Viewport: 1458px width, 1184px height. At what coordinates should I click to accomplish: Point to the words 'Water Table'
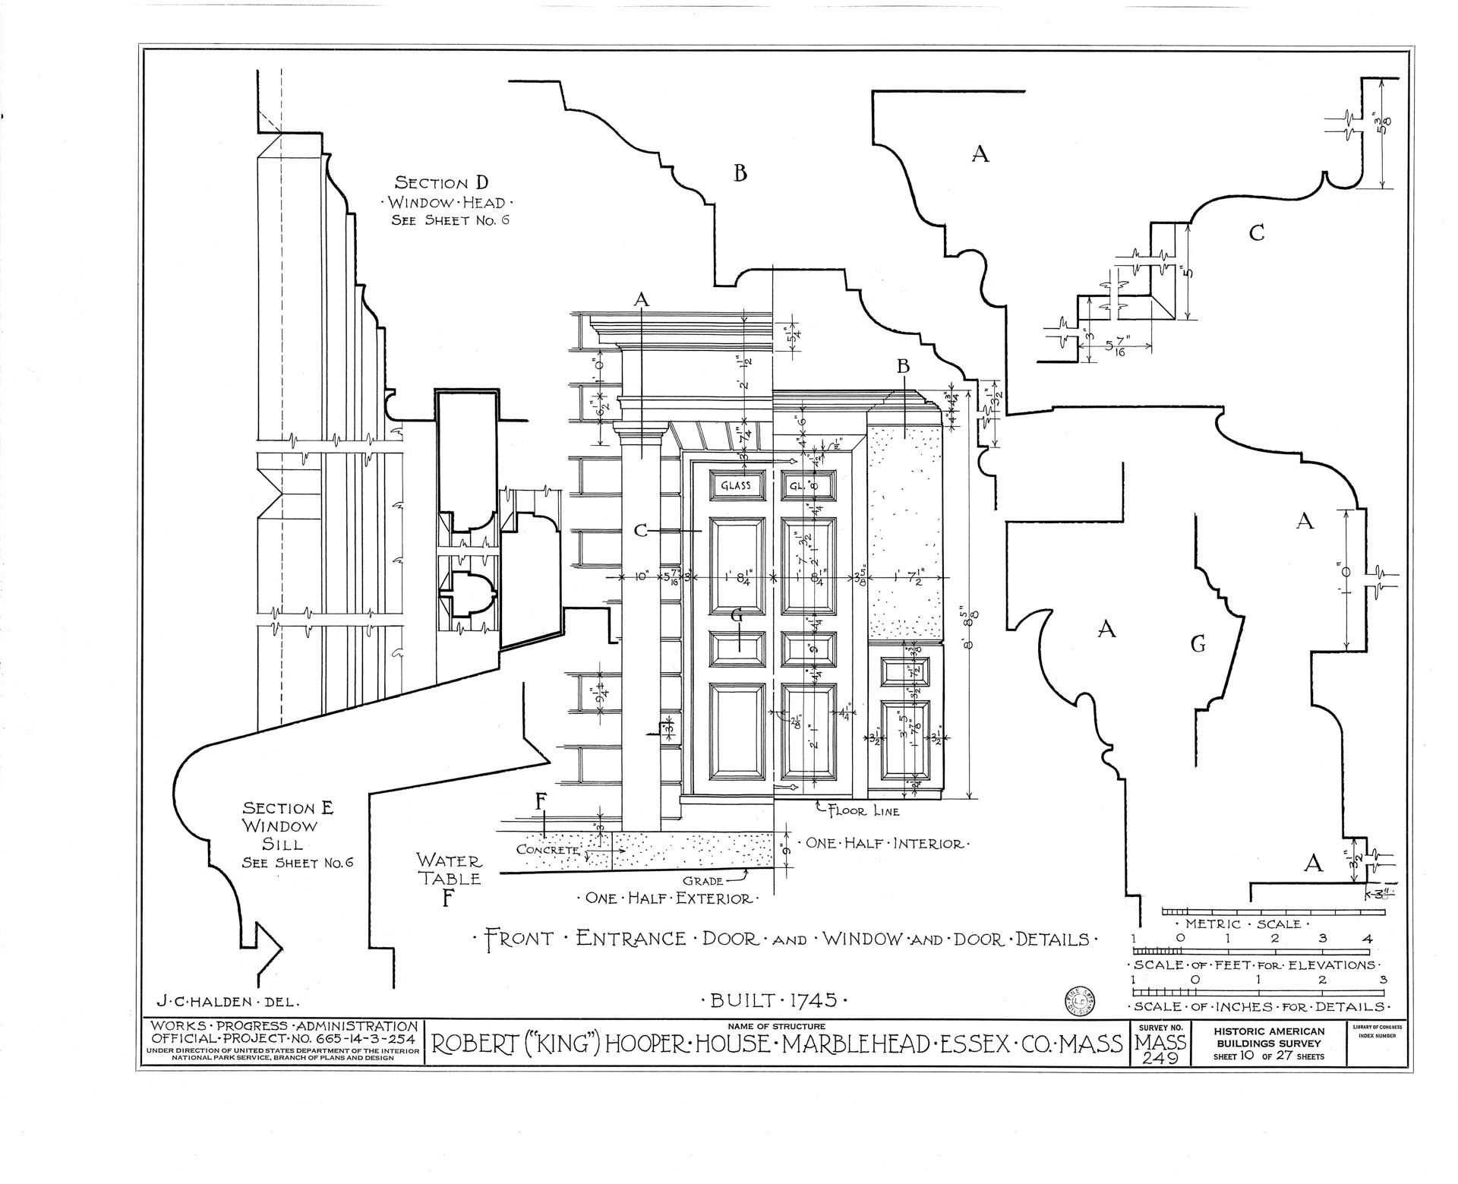(449, 870)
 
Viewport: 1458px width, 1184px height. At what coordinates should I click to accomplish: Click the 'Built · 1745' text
(778, 1000)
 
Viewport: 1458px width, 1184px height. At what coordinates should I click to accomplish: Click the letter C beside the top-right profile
(1257, 233)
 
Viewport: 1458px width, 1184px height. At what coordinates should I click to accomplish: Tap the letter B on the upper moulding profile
(740, 173)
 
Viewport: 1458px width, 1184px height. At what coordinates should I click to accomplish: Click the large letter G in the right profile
(1198, 645)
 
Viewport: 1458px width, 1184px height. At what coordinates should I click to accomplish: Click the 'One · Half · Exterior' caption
(668, 899)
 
